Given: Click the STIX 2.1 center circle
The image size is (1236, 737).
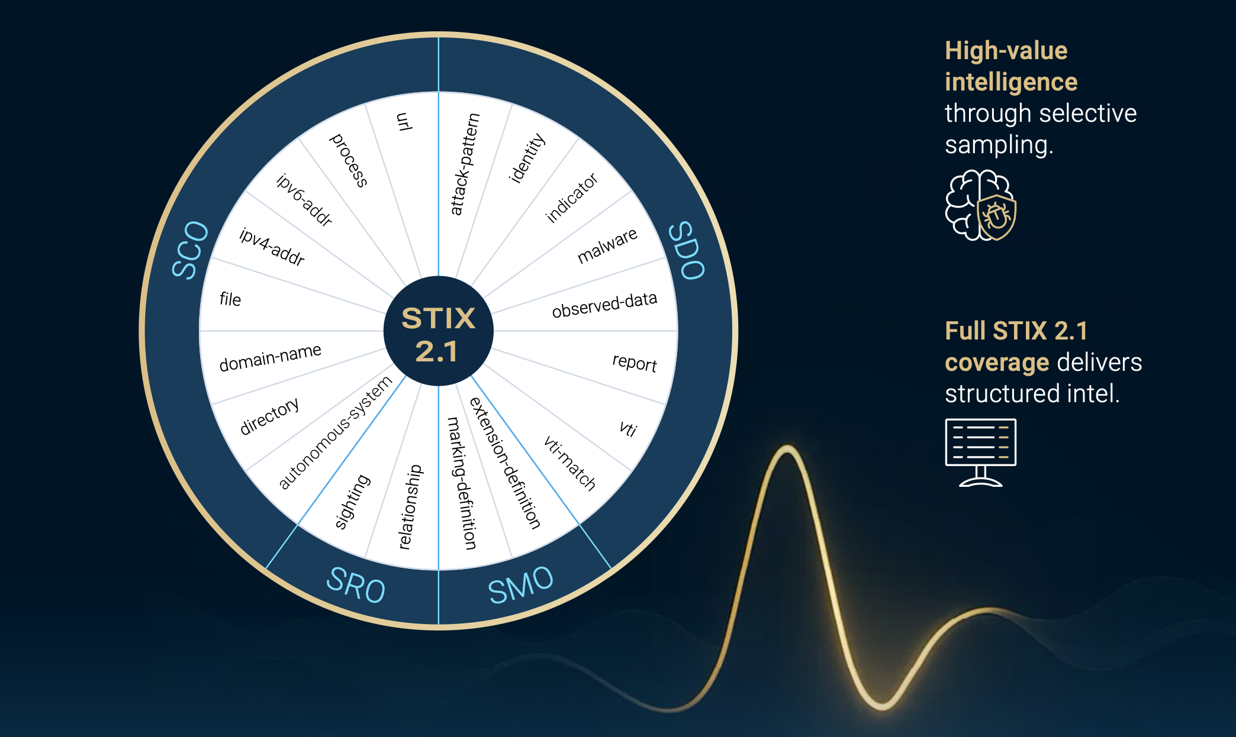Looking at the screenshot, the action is click(x=438, y=331).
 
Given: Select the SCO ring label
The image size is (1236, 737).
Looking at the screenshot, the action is click(x=190, y=250).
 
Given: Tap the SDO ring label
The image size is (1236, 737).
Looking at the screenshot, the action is click(x=687, y=250).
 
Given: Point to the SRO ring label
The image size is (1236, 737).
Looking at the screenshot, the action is click(x=356, y=584).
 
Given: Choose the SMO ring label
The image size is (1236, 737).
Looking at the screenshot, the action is click(x=520, y=584).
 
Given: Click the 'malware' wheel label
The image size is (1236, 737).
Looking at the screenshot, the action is click(x=607, y=245).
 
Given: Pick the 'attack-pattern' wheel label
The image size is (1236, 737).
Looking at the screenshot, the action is click(x=465, y=164).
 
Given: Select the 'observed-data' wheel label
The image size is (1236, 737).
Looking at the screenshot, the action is click(x=604, y=305).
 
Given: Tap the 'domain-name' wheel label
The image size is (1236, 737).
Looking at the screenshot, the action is click(x=271, y=357).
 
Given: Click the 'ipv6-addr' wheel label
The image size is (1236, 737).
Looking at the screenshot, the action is click(x=304, y=200).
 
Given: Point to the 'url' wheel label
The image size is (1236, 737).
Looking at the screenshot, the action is click(x=404, y=121).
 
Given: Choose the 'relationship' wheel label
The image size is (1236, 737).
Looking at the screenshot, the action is click(x=410, y=507).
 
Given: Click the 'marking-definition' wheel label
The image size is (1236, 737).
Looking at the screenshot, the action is click(x=461, y=483).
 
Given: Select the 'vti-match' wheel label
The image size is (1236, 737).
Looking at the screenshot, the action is click(x=569, y=463).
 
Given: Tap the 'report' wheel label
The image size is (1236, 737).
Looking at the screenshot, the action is click(x=635, y=362).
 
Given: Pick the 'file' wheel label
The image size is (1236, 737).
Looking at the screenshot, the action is click(x=230, y=299).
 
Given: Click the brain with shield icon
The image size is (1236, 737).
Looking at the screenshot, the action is click(x=980, y=205).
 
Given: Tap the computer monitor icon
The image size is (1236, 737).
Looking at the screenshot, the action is click(x=980, y=452).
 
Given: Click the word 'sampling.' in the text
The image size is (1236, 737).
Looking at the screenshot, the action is click(x=999, y=145).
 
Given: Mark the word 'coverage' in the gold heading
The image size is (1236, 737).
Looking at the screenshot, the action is click(x=997, y=363).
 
